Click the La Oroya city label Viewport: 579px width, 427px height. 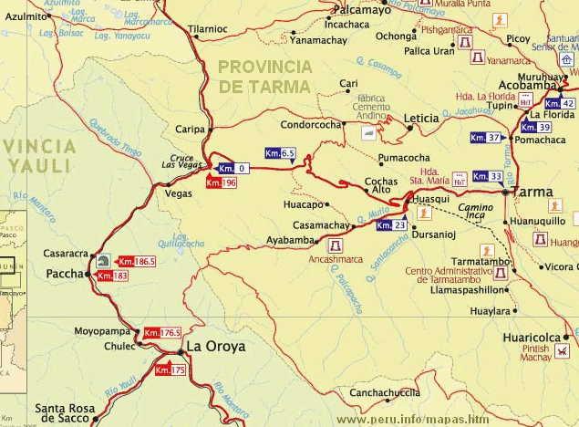(217, 347)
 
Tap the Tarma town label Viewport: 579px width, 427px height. (532, 193)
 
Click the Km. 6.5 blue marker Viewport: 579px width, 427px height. (280, 152)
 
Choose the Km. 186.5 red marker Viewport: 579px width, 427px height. (137, 261)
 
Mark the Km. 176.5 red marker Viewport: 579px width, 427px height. (162, 333)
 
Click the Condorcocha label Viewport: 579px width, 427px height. (310, 125)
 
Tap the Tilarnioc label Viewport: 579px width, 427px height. (207, 29)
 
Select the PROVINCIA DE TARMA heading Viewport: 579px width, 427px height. (264, 76)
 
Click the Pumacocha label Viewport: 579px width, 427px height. (404, 158)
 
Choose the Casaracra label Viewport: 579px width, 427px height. (65, 254)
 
